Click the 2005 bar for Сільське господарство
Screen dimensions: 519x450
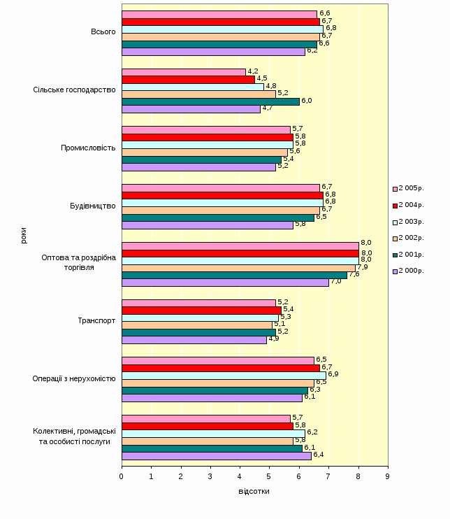184,72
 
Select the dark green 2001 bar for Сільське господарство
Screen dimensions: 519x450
210,101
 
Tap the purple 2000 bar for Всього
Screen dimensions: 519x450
213,51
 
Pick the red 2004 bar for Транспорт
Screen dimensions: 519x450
201,310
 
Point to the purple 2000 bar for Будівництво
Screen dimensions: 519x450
208,225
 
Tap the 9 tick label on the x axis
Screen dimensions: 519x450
388,476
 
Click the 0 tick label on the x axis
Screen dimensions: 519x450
122,476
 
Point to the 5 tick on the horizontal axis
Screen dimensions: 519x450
270,476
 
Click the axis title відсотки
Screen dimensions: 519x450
254,491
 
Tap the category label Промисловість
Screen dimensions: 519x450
88,148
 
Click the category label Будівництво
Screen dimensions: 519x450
93,206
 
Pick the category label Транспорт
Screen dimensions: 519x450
96,321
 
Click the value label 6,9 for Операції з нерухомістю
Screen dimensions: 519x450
333,374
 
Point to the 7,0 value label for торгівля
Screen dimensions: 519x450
335,281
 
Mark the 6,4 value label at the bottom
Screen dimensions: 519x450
318,455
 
